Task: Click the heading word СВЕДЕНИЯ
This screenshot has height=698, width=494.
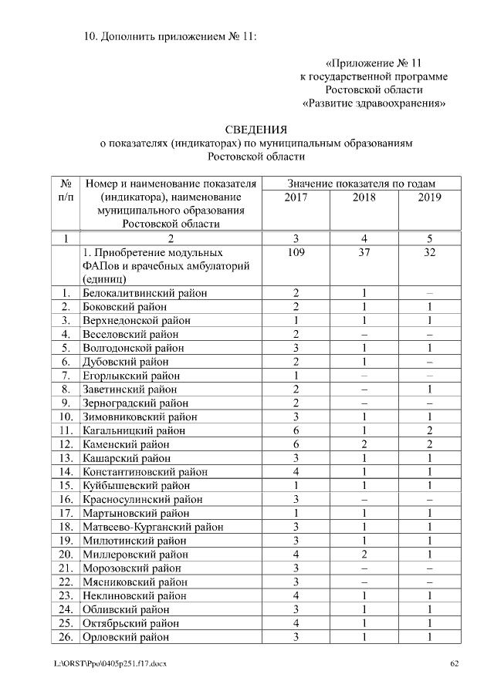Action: pyautogui.click(x=255, y=129)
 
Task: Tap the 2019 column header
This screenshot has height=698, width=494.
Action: pyautogui.click(x=429, y=197)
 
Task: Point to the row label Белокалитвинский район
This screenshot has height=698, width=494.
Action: pyautogui.click(x=145, y=293)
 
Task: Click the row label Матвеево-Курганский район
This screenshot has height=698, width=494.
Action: pyautogui.click(x=154, y=528)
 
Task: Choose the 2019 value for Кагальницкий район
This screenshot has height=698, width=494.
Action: pyautogui.click(x=429, y=431)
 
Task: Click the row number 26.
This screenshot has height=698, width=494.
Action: pyautogui.click(x=66, y=637)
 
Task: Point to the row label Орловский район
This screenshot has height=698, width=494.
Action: pyautogui.click(x=126, y=637)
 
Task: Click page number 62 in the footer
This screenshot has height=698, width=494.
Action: pyautogui.click(x=455, y=663)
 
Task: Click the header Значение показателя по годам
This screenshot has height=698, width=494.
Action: pyautogui.click(x=361, y=184)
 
